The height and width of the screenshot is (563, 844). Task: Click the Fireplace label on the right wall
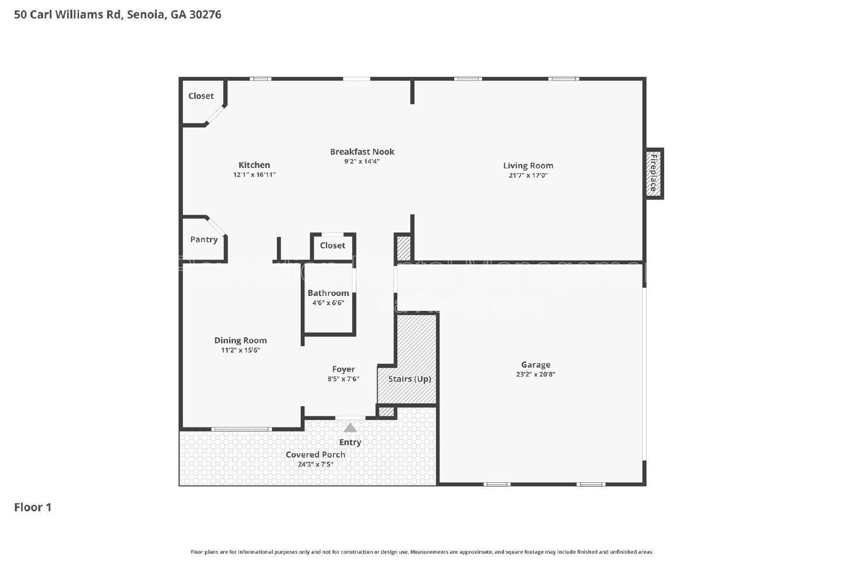654,173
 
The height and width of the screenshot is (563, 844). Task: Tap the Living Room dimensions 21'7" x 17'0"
528,175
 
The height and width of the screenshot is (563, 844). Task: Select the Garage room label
535,365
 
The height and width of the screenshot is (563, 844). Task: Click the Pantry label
204,240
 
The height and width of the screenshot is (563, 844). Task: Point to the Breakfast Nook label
362,151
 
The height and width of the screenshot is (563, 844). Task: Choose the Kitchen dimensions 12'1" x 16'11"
254,175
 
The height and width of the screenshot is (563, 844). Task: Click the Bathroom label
328,293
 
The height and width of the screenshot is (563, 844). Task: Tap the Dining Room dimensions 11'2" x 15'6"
241,350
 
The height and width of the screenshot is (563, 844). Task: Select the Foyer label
343,369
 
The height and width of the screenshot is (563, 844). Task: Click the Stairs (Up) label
409,379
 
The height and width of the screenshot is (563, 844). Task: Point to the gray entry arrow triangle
350,427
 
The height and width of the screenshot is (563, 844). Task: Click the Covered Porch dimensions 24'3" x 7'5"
315,464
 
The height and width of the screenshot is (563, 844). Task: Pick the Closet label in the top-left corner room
201,96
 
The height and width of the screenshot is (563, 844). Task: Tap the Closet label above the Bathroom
332,245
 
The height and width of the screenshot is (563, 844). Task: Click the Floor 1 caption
33,507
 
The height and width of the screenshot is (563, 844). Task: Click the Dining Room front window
242,429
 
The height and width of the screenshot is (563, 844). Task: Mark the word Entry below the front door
350,442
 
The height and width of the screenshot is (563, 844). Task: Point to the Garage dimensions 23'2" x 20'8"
535,374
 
